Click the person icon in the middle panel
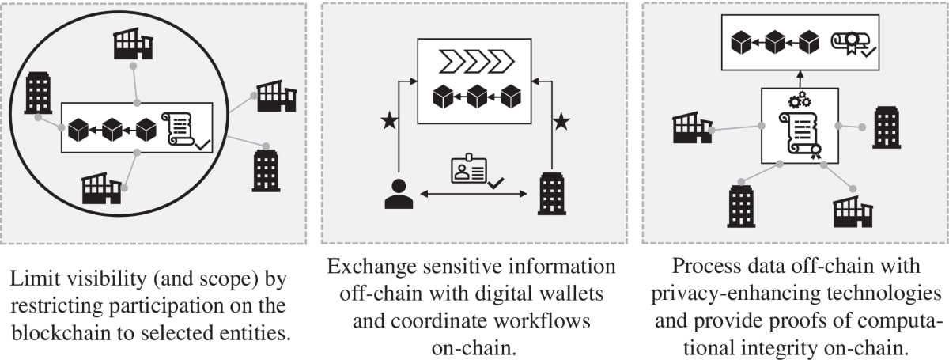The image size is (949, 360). tap(399, 194)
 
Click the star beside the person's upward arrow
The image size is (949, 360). tap(388, 121)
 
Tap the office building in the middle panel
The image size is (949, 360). tap(550, 194)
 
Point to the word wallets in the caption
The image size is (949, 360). tap(577, 293)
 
